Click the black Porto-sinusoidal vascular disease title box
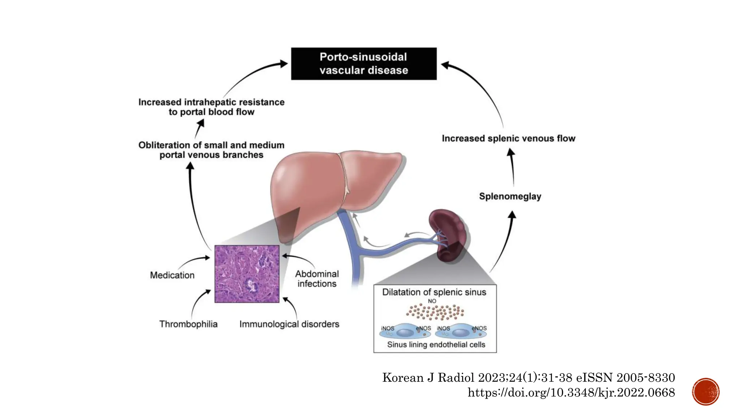coord(363,64)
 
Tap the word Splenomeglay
coord(510,196)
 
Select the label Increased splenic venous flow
coord(508,138)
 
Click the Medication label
coord(172,275)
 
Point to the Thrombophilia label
coord(188,324)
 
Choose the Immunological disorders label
coord(289,324)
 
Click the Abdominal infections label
coord(317,279)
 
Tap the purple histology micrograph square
coord(247,274)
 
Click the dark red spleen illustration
coord(448,235)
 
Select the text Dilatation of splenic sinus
coord(434,292)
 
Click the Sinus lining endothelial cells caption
coord(436,344)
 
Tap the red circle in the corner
coord(705,391)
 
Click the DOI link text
coord(571,393)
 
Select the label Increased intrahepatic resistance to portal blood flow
coord(211,107)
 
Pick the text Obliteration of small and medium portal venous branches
coord(211,150)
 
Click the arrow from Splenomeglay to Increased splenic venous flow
coord(512,168)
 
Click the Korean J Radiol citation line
coord(528,377)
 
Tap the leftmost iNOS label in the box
coord(387,328)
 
